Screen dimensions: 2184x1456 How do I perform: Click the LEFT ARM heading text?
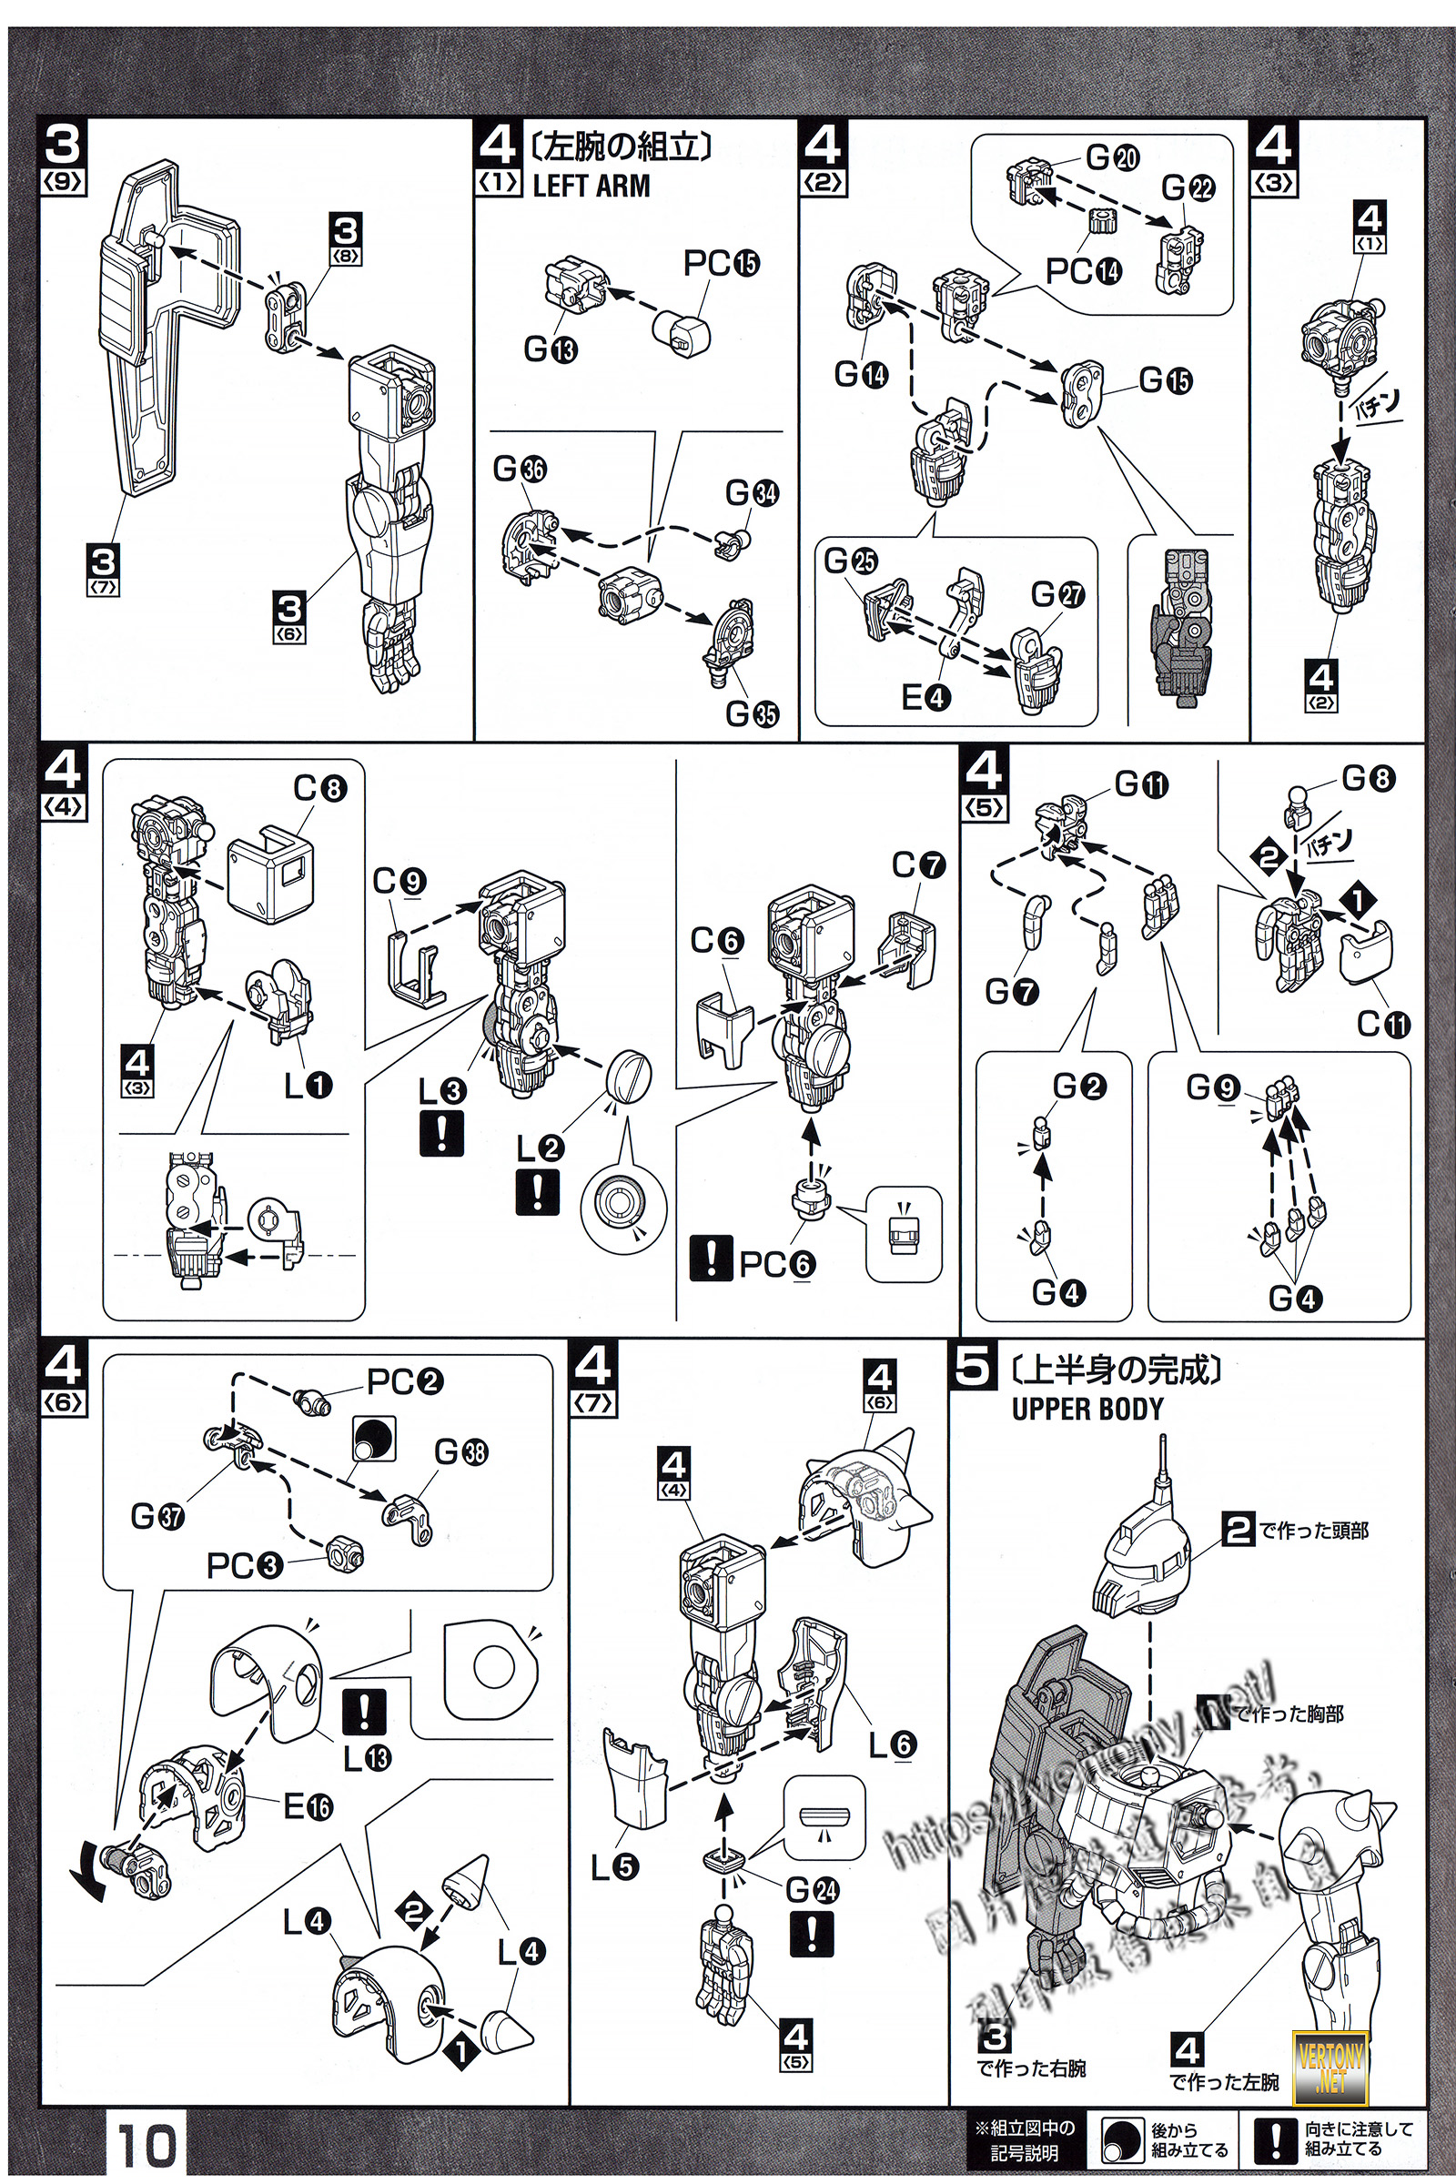tap(591, 186)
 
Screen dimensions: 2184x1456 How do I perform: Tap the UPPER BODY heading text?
tap(1087, 1409)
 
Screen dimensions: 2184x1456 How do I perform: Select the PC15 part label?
tap(722, 264)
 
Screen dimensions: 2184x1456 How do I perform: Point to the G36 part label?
tap(520, 470)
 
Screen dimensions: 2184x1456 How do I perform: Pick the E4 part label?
tap(926, 696)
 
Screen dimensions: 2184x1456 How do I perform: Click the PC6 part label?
tap(777, 1265)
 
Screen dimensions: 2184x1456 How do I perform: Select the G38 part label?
tap(460, 1452)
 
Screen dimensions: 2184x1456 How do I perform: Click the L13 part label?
tap(368, 1757)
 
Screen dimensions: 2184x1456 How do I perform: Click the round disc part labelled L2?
tap(628, 1077)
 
